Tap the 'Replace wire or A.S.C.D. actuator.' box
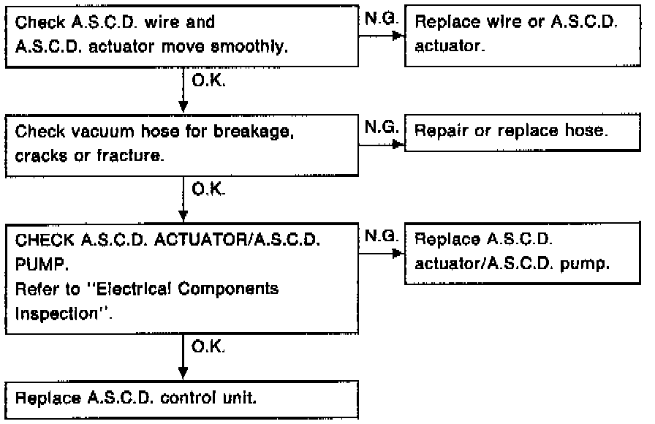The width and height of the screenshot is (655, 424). [x=523, y=34]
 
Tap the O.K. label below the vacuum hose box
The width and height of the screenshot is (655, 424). [x=208, y=192]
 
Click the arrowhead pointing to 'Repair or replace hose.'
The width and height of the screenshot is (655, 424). [x=398, y=144]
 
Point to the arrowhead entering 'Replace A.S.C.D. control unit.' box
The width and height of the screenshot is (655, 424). [x=183, y=374]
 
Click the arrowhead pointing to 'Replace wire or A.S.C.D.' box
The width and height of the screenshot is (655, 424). [x=398, y=36]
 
